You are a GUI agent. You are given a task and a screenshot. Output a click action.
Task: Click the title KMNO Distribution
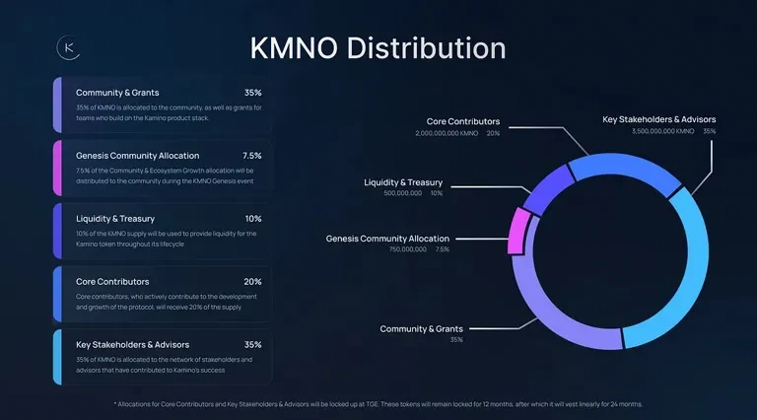coord(378,48)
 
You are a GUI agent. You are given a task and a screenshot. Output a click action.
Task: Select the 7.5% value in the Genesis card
coord(251,156)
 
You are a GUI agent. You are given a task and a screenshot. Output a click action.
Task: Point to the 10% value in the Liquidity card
coord(253,218)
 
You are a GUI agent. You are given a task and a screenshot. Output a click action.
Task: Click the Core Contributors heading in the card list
coord(113,281)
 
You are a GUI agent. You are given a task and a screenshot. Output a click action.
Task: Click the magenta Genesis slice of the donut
coord(516,233)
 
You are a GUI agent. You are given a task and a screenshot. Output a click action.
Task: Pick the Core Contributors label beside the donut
coord(463,121)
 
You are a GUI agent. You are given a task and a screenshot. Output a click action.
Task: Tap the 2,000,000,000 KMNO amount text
coord(447,133)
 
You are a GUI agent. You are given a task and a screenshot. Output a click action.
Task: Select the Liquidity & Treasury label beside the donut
coord(403,182)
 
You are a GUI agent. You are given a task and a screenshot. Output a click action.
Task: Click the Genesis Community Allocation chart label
coord(387,239)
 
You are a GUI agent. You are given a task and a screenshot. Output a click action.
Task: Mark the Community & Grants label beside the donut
coord(421,328)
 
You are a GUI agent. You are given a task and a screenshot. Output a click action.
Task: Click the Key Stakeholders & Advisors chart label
coord(659,119)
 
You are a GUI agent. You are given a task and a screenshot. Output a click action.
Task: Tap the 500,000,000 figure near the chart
coord(402,193)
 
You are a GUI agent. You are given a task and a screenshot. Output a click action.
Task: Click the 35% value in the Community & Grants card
coord(252,93)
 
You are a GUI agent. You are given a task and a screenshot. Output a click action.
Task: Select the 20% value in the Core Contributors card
coord(252,281)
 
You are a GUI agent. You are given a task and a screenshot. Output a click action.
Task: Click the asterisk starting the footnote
coord(115,403)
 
